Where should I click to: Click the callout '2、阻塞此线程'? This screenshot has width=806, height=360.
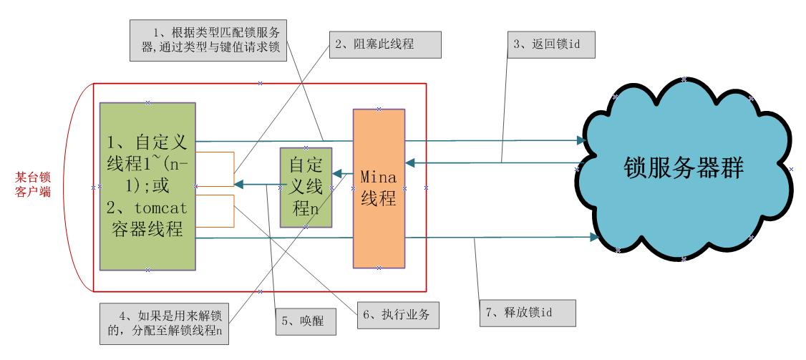click(384, 44)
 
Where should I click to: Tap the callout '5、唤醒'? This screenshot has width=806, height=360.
click(306, 321)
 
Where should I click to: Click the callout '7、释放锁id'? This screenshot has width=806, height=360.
click(528, 313)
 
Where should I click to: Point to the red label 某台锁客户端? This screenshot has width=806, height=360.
click(33, 185)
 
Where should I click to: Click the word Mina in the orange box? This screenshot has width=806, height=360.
click(378, 175)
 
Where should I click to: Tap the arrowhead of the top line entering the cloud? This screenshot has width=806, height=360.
click(581, 140)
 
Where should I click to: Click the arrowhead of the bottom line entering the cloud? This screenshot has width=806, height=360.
click(594, 236)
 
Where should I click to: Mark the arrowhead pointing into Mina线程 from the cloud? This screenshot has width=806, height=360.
click(410, 163)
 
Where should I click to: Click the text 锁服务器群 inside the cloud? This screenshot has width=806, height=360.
click(684, 168)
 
